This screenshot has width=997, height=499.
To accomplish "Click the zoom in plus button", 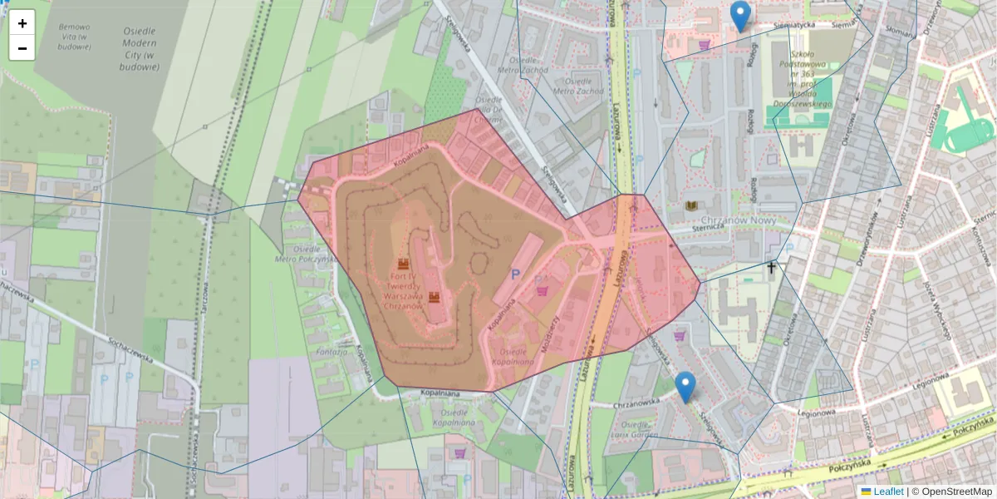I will pos(22,23).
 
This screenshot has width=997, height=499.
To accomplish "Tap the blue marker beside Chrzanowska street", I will pos(685,387).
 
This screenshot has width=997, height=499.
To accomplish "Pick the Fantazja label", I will pos(331,353).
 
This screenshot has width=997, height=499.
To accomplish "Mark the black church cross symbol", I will pos(772,268).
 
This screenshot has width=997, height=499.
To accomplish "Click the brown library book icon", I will pos(691,205).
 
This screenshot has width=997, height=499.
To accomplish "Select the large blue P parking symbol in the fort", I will pos(515,274).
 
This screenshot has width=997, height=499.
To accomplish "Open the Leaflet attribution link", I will pos(888,492).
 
